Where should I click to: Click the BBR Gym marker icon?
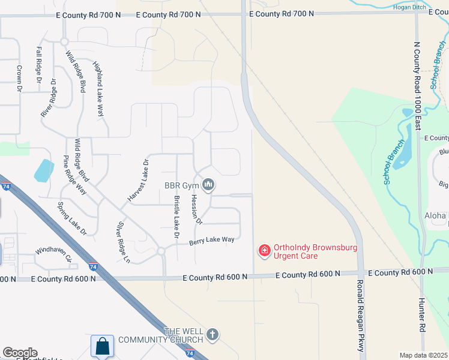pyautogui.click(x=208, y=185)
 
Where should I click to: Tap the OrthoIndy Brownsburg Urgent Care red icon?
pyautogui.click(x=264, y=251)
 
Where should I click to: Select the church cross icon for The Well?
pyautogui.click(x=212, y=335)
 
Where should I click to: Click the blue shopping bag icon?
pyautogui.click(x=102, y=346)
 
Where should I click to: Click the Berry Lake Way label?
pyautogui.click(x=212, y=240)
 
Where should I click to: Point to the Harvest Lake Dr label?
pyautogui.click(x=137, y=181)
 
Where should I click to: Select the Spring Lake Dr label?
pyautogui.click(x=72, y=218)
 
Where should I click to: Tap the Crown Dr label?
pyautogui.click(x=19, y=78)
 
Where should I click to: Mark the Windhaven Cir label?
pyautogui.click(x=53, y=254)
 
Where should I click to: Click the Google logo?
pyautogui.click(x=20, y=353)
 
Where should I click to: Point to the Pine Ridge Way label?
pyautogui.click(x=75, y=175)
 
